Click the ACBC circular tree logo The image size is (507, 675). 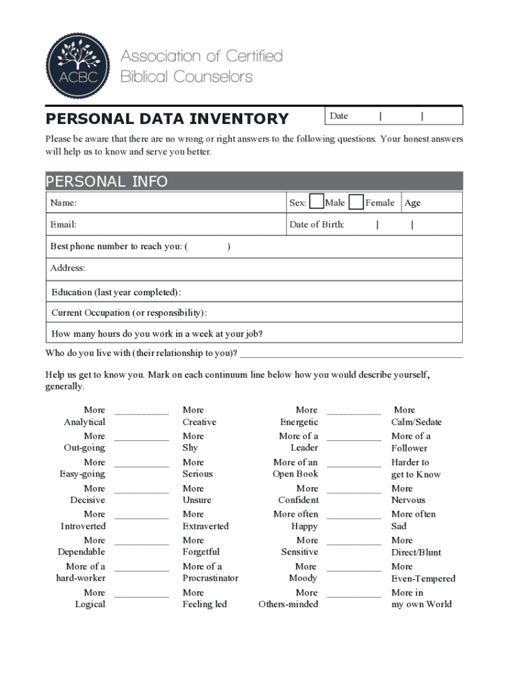point(78,66)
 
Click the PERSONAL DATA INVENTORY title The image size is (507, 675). point(167,119)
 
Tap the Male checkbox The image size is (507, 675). point(316,202)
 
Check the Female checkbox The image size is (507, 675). point(356,202)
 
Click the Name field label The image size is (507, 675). point(63,203)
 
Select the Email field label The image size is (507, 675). point(64,225)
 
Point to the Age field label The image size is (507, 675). point(412,203)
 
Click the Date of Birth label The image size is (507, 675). point(317,225)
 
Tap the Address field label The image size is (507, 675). point(68,268)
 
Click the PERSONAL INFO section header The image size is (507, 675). point(107,181)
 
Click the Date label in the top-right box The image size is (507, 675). point(338,116)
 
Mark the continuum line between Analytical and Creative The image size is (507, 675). point(142,414)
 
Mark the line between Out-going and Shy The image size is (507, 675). point(142,440)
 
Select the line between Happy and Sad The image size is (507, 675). point(354,518)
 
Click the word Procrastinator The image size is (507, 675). point(210,578)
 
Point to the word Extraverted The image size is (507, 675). point(205,526)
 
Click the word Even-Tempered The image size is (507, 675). point(423,579)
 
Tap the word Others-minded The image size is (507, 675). point(288,604)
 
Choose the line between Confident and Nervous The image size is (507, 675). point(354,492)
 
